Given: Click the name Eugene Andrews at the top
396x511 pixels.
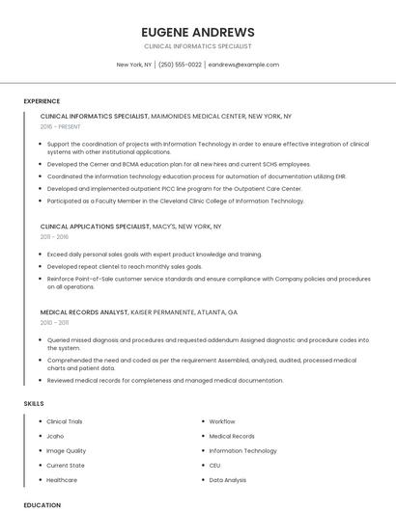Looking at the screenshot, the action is (x=197, y=32).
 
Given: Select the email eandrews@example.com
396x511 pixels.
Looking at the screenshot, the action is (x=243, y=65).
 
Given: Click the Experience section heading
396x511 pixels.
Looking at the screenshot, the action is (x=42, y=101).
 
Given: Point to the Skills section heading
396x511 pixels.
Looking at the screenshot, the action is (x=34, y=403).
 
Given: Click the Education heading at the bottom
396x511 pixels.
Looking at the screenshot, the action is (x=42, y=504).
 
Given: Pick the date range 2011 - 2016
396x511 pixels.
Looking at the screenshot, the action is (x=54, y=236).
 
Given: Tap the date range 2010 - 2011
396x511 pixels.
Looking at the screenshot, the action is (x=54, y=323).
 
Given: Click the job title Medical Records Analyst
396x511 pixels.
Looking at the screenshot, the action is (x=84, y=312).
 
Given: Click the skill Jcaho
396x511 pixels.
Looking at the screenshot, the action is (x=55, y=436).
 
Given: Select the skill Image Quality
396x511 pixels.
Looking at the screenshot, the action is (x=66, y=450).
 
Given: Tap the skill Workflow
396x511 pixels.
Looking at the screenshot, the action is (x=222, y=421).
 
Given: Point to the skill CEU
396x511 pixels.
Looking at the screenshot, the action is (x=214, y=465).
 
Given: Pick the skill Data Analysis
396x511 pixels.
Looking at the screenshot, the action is (x=228, y=479).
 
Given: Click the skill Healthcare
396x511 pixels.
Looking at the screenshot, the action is (x=62, y=479).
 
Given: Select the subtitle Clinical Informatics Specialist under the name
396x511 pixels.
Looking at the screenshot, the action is (x=197, y=45).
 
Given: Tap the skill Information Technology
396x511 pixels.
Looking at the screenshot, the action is (x=242, y=450).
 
